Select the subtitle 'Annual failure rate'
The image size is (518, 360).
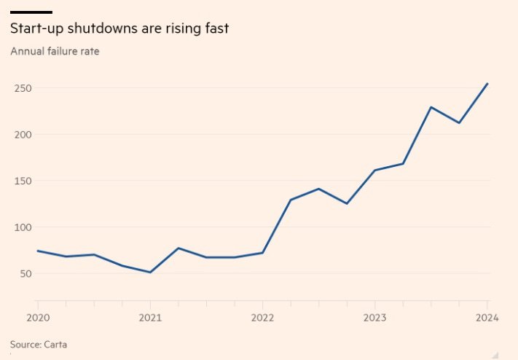pyautogui.click(x=55, y=52)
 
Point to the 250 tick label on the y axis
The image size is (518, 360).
pyautogui.click(x=21, y=88)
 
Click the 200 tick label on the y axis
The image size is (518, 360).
pyautogui.click(x=21, y=135)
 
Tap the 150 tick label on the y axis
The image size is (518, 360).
pyautogui.click(x=21, y=181)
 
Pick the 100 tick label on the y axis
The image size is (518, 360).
pyautogui.click(x=21, y=227)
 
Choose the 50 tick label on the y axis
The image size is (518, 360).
pyautogui.click(x=24, y=274)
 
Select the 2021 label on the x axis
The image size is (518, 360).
pyautogui.click(x=150, y=318)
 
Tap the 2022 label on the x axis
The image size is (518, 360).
pyautogui.click(x=262, y=318)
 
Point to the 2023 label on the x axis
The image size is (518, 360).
pyautogui.click(x=374, y=318)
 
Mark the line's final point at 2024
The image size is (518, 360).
pyautogui.click(x=487, y=84)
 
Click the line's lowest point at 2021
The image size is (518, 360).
pyautogui.click(x=150, y=273)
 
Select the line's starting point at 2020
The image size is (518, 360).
pyautogui.click(x=37, y=251)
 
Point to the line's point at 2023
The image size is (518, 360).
pyautogui.click(x=374, y=171)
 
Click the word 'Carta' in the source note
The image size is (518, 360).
pyautogui.click(x=57, y=344)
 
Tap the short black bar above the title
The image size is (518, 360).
pyautogui.click(x=31, y=12)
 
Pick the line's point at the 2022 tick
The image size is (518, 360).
pyautogui.click(x=262, y=253)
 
